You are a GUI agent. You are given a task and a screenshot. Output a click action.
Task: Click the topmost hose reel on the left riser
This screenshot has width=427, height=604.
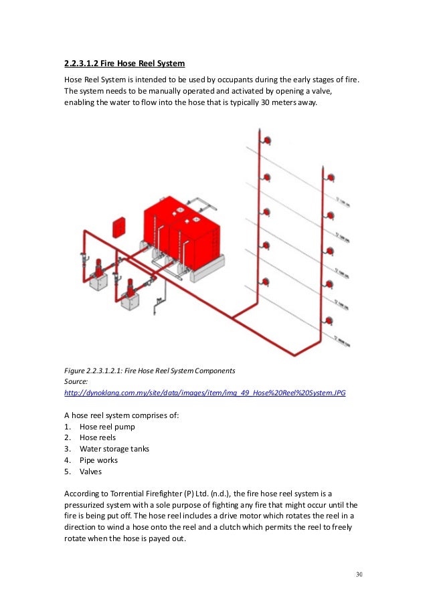(x=266, y=141)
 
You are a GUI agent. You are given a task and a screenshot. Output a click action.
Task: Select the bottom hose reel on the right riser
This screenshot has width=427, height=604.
(x=330, y=320)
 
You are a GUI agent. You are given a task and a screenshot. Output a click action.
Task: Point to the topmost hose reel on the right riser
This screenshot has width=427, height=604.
(x=330, y=177)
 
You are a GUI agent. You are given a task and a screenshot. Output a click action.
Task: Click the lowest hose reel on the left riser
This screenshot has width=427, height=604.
(x=266, y=282)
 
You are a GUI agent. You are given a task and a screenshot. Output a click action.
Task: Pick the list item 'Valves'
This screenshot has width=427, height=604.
(x=92, y=471)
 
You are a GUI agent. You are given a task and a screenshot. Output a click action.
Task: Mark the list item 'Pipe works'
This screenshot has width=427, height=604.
(x=99, y=460)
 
